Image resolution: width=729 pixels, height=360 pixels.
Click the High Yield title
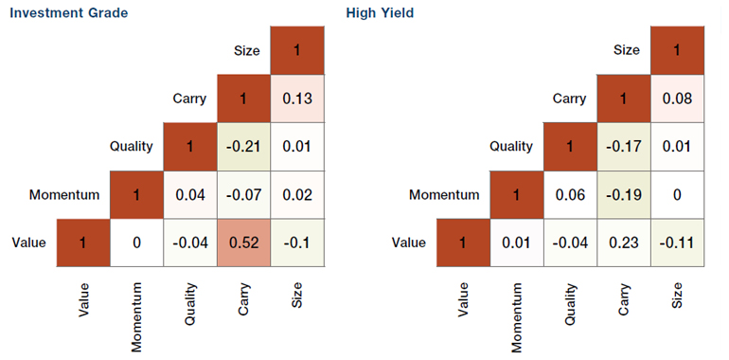[x=381, y=13]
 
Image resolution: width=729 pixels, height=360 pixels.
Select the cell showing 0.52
[x=244, y=243]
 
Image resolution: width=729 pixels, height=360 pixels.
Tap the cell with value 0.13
[x=297, y=99]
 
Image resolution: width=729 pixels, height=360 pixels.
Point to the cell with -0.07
[x=244, y=195]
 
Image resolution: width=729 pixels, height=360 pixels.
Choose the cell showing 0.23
[x=623, y=243]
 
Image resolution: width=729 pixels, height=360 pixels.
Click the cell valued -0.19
[x=623, y=195]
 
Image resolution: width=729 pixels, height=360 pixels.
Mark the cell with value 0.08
[x=676, y=99]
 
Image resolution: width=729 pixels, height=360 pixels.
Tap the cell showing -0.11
[x=676, y=243]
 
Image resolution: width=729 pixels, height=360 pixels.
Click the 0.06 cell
[x=570, y=195]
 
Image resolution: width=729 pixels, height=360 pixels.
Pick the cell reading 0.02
[x=297, y=195]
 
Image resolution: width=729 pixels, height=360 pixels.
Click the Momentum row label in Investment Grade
[x=64, y=195]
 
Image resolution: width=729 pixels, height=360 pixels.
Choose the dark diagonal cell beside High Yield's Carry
[x=623, y=99]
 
